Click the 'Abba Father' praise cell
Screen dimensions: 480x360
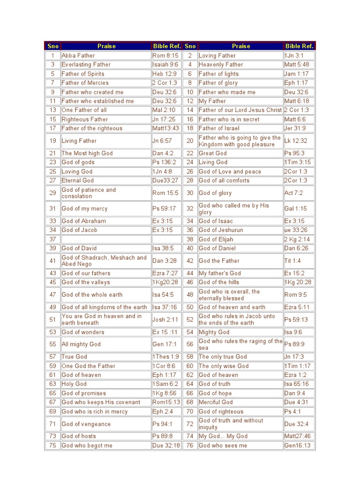78,55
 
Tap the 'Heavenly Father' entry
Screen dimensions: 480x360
221,65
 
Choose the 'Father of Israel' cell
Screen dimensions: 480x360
219,128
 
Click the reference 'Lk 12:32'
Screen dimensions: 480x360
295,141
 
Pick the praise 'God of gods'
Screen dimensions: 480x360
78,162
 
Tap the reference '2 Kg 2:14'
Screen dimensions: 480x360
297,239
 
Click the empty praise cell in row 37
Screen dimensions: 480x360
105,239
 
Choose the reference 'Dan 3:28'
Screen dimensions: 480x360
164,261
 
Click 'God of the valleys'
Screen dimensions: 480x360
86,282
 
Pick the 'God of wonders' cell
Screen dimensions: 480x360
83,332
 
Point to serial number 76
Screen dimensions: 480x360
190,445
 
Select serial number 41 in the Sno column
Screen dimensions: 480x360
52,261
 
